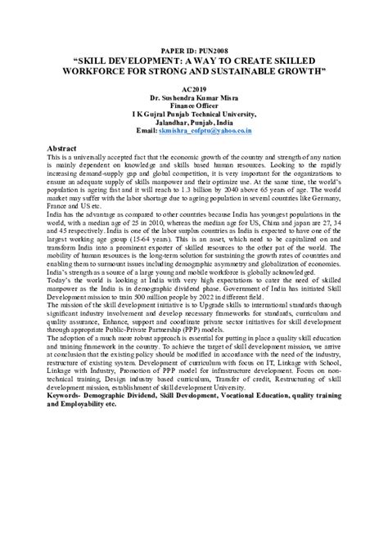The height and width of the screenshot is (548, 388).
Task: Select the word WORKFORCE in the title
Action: (104, 70)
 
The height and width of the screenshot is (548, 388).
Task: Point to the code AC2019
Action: (193, 89)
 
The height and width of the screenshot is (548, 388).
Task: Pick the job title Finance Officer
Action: (193, 106)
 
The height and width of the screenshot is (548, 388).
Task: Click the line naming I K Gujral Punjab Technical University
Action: (193, 114)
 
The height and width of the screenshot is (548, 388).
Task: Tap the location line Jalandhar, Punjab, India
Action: (193, 121)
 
